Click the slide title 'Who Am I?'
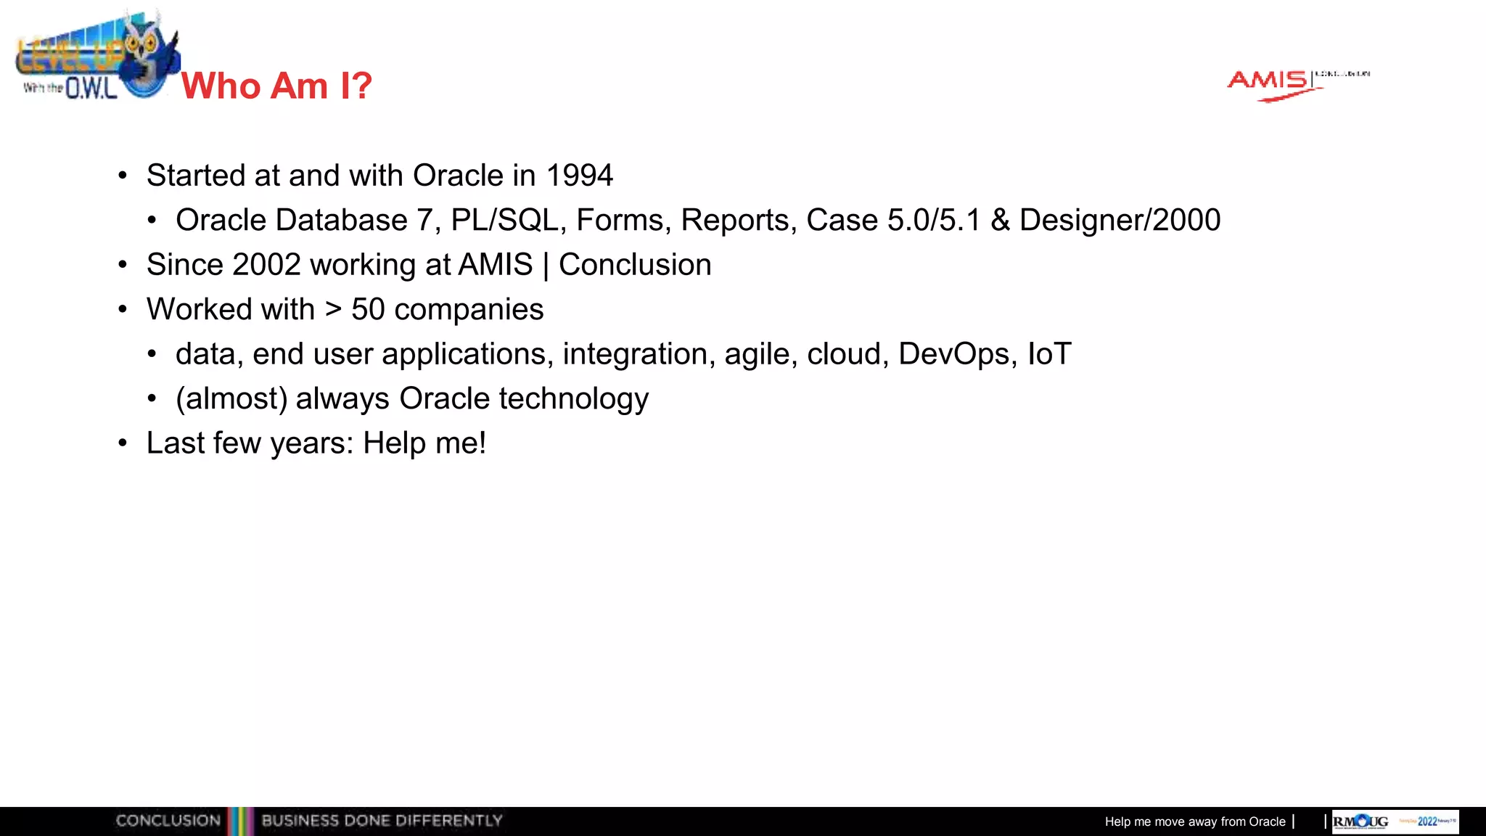(276, 86)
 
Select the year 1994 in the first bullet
(579, 176)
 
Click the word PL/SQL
(504, 221)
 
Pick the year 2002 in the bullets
(266, 265)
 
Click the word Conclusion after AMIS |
(635, 265)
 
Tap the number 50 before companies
(368, 310)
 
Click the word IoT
(1049, 354)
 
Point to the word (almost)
(231, 399)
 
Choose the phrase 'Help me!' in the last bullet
(424, 443)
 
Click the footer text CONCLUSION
(168, 821)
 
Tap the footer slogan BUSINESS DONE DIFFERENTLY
(382, 821)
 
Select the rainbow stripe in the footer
(240, 821)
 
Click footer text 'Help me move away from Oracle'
(1194, 821)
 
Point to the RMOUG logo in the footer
(1361, 821)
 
